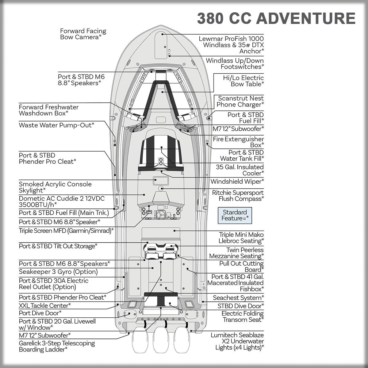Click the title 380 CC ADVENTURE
coord(276,18)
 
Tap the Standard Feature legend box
coord(235,215)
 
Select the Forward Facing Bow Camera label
coord(83,34)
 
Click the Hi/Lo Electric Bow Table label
coord(243,81)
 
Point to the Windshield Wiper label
coord(237,181)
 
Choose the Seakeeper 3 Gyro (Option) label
coord(58,272)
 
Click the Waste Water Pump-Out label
coord(56,125)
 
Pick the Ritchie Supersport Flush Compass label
coord(238,196)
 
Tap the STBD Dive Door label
coord(240,306)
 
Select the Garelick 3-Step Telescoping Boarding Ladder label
coord(57,346)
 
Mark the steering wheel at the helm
coord(161,215)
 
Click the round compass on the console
coord(161,188)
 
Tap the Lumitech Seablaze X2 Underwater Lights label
coord(237,341)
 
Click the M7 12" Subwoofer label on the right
coord(238,129)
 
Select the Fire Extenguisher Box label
coord(238,142)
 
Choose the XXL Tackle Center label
coord(45,305)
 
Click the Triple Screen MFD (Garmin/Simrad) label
coord(66,231)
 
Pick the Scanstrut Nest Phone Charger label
coord(240,101)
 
